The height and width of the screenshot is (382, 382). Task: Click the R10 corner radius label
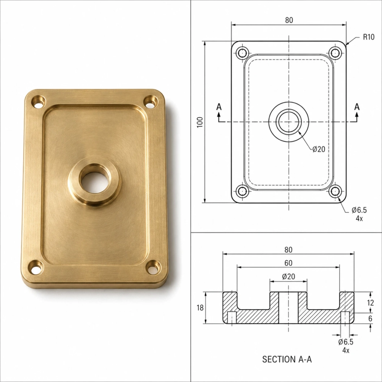click(369, 37)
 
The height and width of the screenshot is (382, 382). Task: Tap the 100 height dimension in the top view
click(200, 122)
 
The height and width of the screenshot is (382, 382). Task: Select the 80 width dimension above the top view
click(289, 20)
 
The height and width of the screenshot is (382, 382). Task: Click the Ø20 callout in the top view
click(319, 149)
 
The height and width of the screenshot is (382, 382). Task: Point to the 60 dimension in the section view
click(288, 263)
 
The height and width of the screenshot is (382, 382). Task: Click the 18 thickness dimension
click(200, 308)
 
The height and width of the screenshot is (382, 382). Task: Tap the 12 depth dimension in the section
click(370, 303)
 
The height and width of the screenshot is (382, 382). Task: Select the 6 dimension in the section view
click(370, 319)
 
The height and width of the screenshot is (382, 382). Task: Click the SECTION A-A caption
click(287, 359)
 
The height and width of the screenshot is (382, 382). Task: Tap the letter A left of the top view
click(219, 107)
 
